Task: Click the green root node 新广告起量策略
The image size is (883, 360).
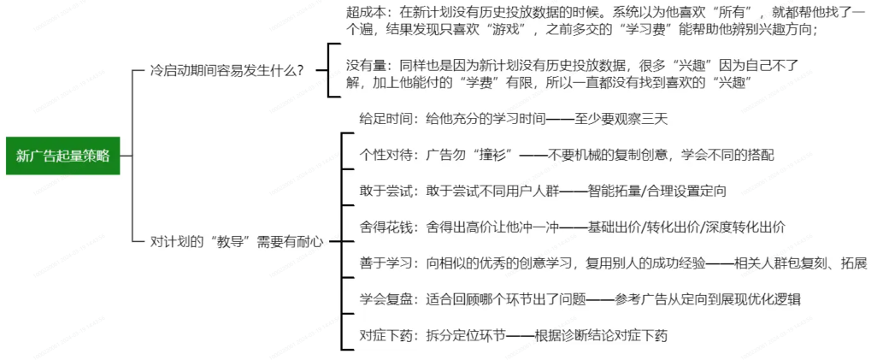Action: [x=62, y=156]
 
